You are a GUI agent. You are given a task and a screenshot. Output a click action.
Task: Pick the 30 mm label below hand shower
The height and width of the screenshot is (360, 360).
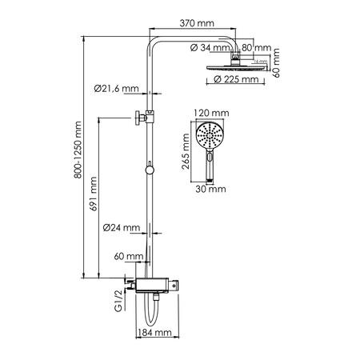pos(210,190)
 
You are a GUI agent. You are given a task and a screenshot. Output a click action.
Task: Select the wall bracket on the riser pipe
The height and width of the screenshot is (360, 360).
pos(142,117)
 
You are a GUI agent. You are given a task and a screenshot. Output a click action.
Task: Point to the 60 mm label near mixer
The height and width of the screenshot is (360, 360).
pos(129,257)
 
